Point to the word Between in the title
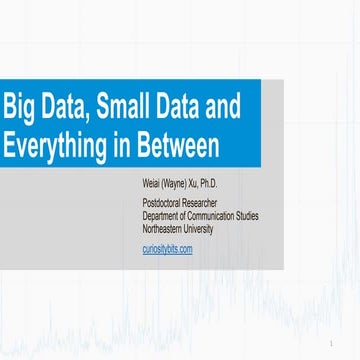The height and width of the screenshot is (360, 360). coord(178,146)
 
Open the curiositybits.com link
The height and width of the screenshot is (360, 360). coord(168,247)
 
